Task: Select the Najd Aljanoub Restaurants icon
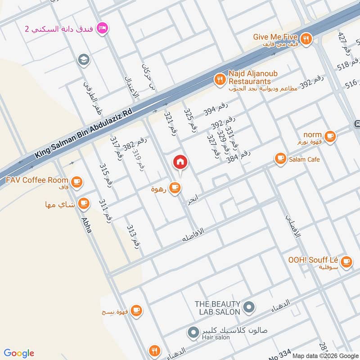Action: (220, 80)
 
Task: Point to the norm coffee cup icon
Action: (330, 136)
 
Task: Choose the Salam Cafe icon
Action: (280, 158)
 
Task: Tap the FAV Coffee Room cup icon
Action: (76, 181)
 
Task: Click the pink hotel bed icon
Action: (103, 28)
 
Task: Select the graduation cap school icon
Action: (83, 59)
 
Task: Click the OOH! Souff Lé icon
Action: (346, 261)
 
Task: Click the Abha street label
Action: (86, 225)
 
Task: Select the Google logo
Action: (19, 353)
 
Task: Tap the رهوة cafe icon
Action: (175, 188)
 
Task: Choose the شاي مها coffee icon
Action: (83, 204)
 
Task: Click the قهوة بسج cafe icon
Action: (136, 310)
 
